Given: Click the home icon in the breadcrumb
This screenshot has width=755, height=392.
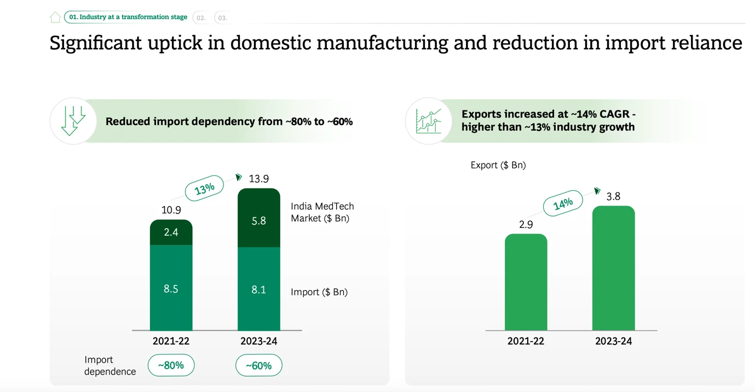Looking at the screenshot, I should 55,17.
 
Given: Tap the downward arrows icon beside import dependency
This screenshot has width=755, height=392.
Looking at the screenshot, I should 73,121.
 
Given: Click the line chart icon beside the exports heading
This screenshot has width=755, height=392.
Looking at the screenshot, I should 428,121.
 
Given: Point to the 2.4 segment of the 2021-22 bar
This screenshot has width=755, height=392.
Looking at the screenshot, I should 171,232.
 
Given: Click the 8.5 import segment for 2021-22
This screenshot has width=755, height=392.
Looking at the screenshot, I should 171,289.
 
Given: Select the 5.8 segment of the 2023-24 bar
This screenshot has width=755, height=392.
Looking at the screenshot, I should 258,220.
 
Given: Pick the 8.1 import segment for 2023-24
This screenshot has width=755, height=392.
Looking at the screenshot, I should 258,289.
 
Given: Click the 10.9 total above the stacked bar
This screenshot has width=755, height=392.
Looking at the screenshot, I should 171,210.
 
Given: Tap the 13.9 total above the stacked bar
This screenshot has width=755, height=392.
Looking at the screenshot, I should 258,179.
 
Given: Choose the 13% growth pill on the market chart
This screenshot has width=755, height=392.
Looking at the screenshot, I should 204,188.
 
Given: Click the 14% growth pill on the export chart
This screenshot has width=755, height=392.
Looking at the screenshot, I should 562,204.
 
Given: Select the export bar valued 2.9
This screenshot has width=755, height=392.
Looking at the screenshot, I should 526,282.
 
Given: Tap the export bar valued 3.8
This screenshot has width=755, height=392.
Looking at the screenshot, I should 613,268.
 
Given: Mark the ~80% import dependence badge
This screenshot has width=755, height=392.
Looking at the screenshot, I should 171,365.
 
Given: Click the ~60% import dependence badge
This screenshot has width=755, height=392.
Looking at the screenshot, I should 258,365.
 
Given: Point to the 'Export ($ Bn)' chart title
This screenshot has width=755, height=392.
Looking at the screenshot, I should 498,165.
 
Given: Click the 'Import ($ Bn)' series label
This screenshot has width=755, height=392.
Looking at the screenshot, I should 319,292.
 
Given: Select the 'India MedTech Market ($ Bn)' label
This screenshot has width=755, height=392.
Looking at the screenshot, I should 322,212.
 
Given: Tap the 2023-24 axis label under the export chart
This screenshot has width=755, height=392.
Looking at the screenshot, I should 613,341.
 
